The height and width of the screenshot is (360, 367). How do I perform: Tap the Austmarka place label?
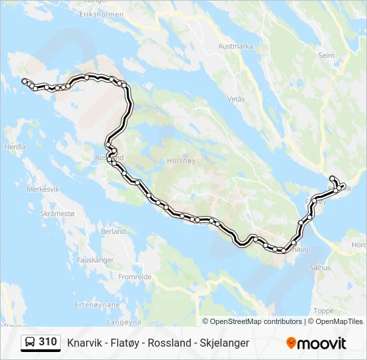point(236,47)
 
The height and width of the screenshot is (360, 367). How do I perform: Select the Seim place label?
point(326,56)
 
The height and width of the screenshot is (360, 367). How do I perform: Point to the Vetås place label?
point(236,99)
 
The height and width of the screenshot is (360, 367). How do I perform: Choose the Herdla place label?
point(15,147)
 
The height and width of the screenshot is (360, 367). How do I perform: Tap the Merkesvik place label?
point(43,189)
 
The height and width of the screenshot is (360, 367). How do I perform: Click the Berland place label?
point(113,231)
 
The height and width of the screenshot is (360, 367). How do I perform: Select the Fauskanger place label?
point(95,259)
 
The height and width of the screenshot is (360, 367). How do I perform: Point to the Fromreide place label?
point(135,276)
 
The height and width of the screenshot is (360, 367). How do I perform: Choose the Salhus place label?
point(320,267)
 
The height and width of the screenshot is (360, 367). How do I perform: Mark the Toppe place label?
point(324,311)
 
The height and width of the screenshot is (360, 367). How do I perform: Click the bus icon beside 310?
point(30,342)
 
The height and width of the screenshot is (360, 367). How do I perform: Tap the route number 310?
point(47,342)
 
